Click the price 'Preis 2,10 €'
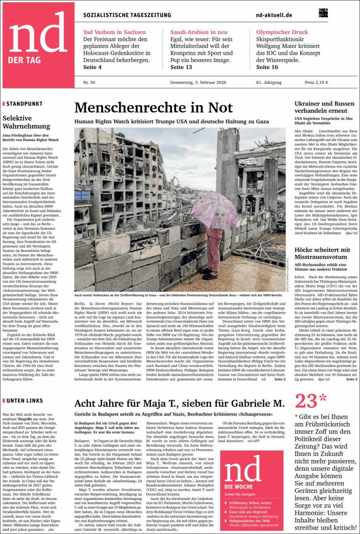pos(316,82)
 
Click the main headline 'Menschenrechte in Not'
pos(154,107)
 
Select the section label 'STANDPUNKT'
pos(24,103)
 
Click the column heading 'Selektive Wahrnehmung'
pos(24,122)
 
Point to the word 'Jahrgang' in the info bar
pos(274,82)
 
